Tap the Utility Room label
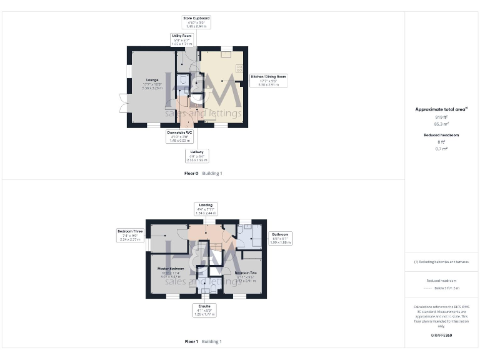pyautogui.click(x=181, y=39)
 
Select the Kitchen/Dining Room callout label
pyautogui.click(x=269, y=79)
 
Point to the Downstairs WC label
pyautogui.click(x=179, y=136)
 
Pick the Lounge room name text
pyautogui.click(x=152, y=80)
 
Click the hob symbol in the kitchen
pyautogui.click(x=239, y=69)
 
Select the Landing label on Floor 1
pyautogui.click(x=206, y=209)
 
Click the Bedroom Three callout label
pyautogui.click(x=130, y=235)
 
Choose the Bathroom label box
pyautogui.click(x=279, y=238)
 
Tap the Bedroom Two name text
pyautogui.click(x=245, y=273)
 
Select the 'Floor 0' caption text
pyautogui.click(x=191, y=173)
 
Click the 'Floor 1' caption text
pyautogui.click(x=191, y=342)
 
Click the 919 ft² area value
pyautogui.click(x=441, y=117)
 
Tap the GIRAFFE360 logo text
pyautogui.click(x=441, y=336)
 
